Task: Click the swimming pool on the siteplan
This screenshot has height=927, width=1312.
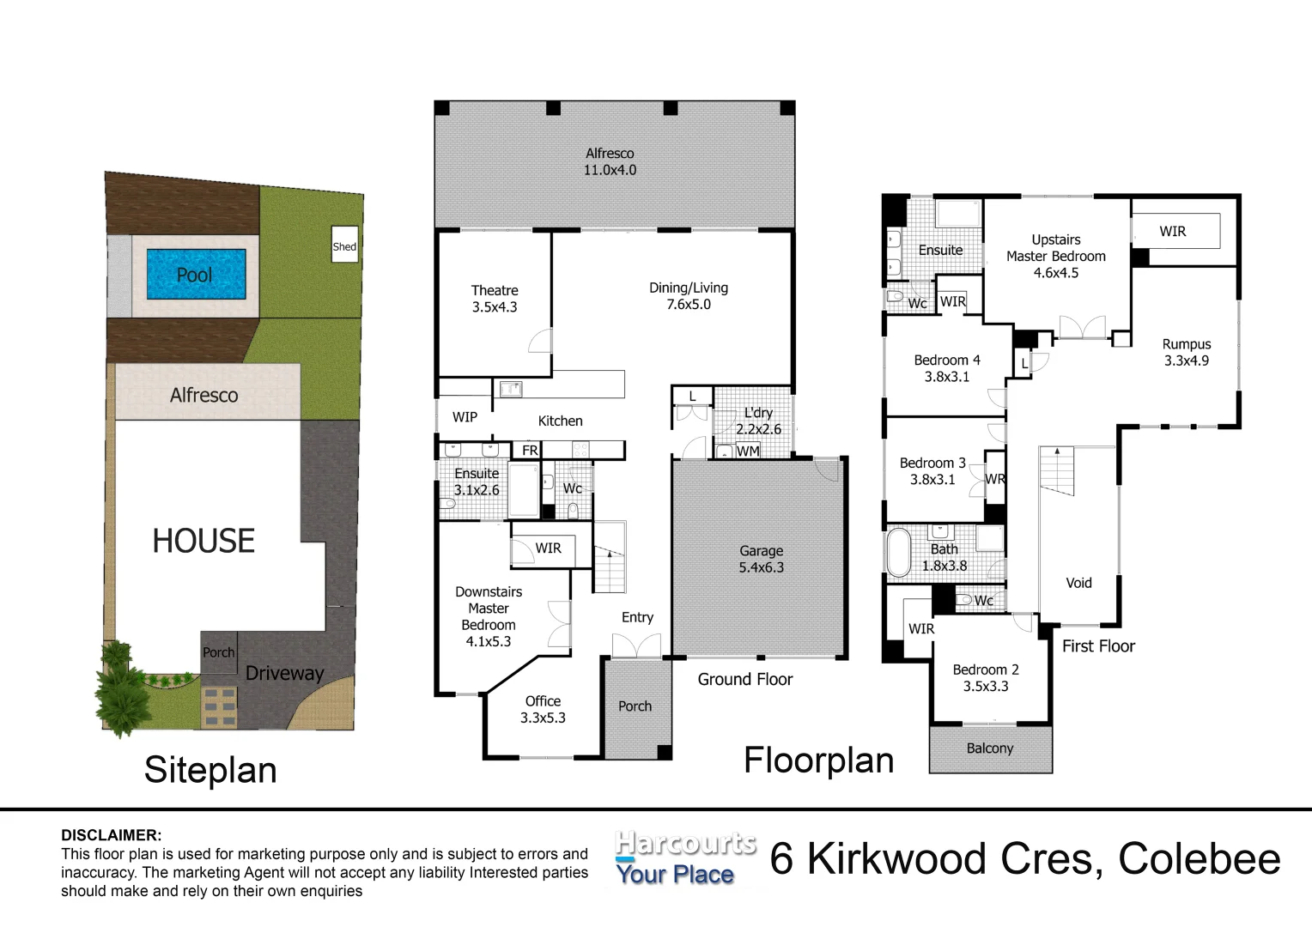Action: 196,275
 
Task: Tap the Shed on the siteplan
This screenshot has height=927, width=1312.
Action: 344,246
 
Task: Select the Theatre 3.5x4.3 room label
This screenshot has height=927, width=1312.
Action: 495,299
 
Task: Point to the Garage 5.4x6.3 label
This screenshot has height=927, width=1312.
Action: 761,559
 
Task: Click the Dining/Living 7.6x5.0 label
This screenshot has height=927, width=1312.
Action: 689,296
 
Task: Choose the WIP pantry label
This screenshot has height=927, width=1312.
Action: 465,417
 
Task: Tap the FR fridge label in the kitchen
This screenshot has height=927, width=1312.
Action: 530,451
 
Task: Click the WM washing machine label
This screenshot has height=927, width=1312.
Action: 748,451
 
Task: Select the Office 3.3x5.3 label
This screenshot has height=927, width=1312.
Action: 543,710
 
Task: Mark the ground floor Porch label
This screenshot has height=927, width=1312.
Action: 635,706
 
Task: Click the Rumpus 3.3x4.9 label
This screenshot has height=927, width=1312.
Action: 1187,353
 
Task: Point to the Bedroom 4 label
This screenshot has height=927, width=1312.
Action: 947,368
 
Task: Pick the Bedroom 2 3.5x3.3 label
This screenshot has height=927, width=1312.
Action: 986,678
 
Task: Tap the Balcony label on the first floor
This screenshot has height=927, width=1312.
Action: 990,748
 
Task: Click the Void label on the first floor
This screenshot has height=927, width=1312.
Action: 1078,583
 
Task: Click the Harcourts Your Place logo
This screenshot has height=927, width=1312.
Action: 684,858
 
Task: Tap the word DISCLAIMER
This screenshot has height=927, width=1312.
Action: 111,835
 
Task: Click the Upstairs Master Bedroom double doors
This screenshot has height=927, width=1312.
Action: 1082,328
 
